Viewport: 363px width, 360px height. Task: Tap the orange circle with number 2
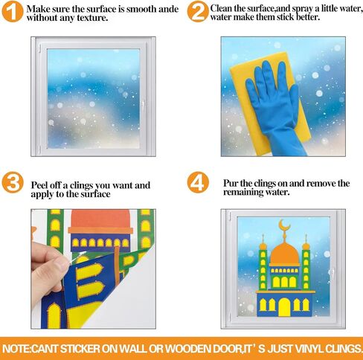click(x=197, y=12)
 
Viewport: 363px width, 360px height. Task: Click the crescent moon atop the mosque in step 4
click(x=283, y=224)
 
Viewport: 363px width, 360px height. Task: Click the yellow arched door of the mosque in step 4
click(x=284, y=306)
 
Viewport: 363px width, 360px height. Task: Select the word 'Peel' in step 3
click(x=42, y=184)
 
